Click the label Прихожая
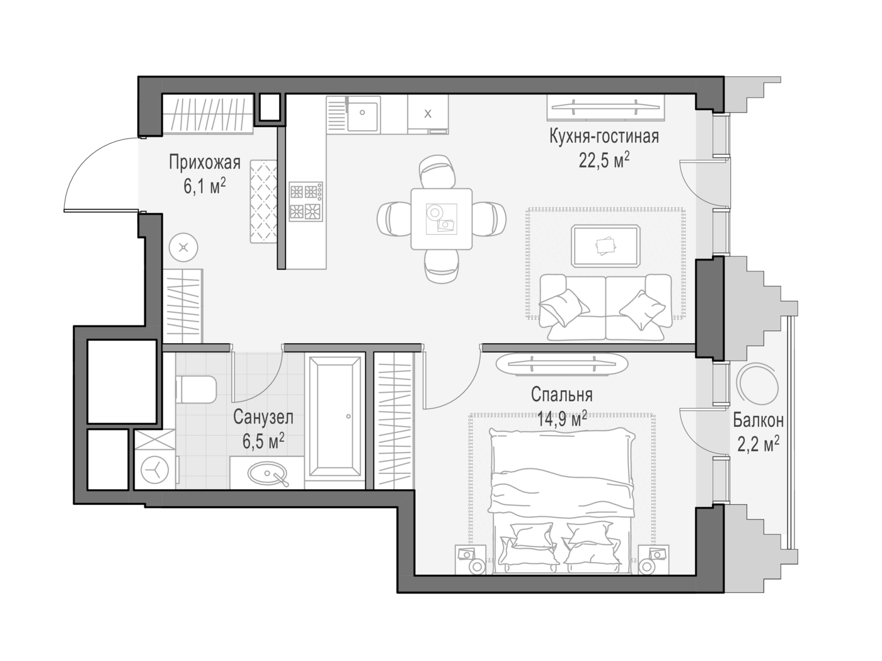tap(205, 162)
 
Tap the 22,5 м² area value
tap(604, 161)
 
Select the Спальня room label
tap(561, 395)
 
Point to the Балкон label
tap(759, 420)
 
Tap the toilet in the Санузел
tap(196, 389)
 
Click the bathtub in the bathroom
tap(335, 417)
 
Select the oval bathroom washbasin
tap(268, 473)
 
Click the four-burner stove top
tap(306, 201)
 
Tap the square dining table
tap(441, 218)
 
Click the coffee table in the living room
tap(606, 246)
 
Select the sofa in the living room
tap(605, 307)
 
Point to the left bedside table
tap(470, 560)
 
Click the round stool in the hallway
tap(183, 247)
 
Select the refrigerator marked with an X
tap(428, 114)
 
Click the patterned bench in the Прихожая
tap(263, 201)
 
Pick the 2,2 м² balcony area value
tap(759, 444)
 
